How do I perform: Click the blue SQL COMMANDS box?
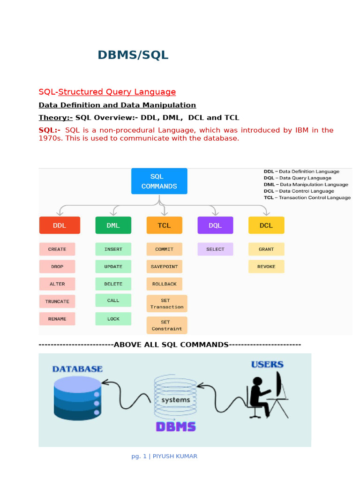click(x=159, y=181)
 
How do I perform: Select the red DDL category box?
click(x=60, y=225)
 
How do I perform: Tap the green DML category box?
click(x=113, y=225)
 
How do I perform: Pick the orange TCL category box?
click(x=164, y=225)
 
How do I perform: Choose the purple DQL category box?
click(x=215, y=225)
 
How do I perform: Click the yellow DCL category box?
click(x=266, y=225)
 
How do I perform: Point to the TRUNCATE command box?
click(x=57, y=301)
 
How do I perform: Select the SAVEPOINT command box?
click(x=164, y=266)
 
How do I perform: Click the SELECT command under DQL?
click(x=215, y=249)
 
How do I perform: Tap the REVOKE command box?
click(x=266, y=266)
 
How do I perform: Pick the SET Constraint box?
click(x=167, y=325)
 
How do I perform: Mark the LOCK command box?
click(x=113, y=319)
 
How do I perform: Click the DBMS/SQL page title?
click(x=133, y=55)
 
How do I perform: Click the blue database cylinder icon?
click(x=77, y=397)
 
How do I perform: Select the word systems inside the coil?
click(x=175, y=400)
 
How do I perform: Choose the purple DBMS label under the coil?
click(x=175, y=427)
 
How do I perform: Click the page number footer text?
click(x=164, y=456)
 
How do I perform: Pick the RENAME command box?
click(x=57, y=319)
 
